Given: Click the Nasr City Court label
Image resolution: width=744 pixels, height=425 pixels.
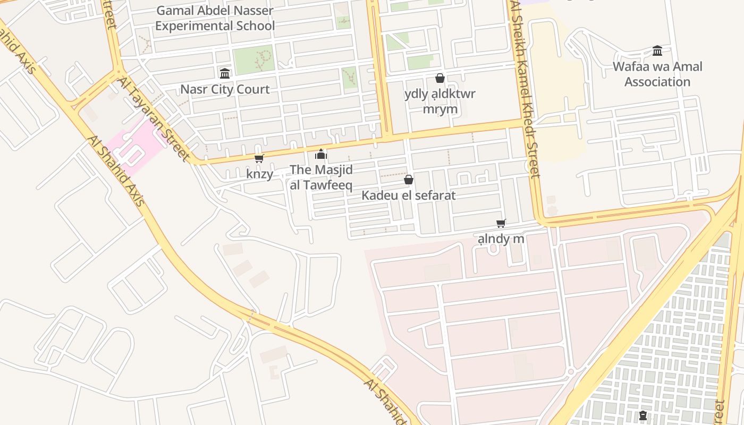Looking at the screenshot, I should tap(225, 89).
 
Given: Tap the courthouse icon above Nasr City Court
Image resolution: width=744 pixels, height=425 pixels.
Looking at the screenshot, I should tap(225, 73).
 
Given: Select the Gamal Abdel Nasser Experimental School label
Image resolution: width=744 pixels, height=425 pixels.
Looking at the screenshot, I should tap(215, 18).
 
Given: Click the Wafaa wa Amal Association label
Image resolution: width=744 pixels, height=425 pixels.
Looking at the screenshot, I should tap(657, 74).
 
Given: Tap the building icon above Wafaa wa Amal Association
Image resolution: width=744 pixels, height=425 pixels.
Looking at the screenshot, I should tap(657, 51).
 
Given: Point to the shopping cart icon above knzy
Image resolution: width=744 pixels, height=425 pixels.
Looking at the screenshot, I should tap(259, 158).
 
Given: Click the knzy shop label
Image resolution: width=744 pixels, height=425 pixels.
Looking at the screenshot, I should tap(259, 174).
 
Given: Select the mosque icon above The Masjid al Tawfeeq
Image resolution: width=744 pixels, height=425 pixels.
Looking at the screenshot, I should tap(321, 155).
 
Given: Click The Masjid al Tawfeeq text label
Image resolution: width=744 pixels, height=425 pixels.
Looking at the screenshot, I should tap(321, 177).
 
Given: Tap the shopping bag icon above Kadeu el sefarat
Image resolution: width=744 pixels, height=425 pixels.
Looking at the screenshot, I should tap(409, 180).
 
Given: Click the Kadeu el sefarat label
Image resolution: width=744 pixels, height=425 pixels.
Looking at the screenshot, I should tap(408, 195).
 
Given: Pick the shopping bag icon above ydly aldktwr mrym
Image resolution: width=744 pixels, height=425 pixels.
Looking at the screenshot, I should tap(440, 78).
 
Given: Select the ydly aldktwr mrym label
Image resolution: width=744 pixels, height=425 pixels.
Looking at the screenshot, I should tap(440, 101).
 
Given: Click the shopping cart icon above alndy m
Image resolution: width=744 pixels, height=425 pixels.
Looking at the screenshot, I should tap(501, 223).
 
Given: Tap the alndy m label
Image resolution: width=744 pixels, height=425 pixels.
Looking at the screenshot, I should tap(501, 239).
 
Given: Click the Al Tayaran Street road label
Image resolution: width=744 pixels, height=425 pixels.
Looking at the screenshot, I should tap(154, 119).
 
